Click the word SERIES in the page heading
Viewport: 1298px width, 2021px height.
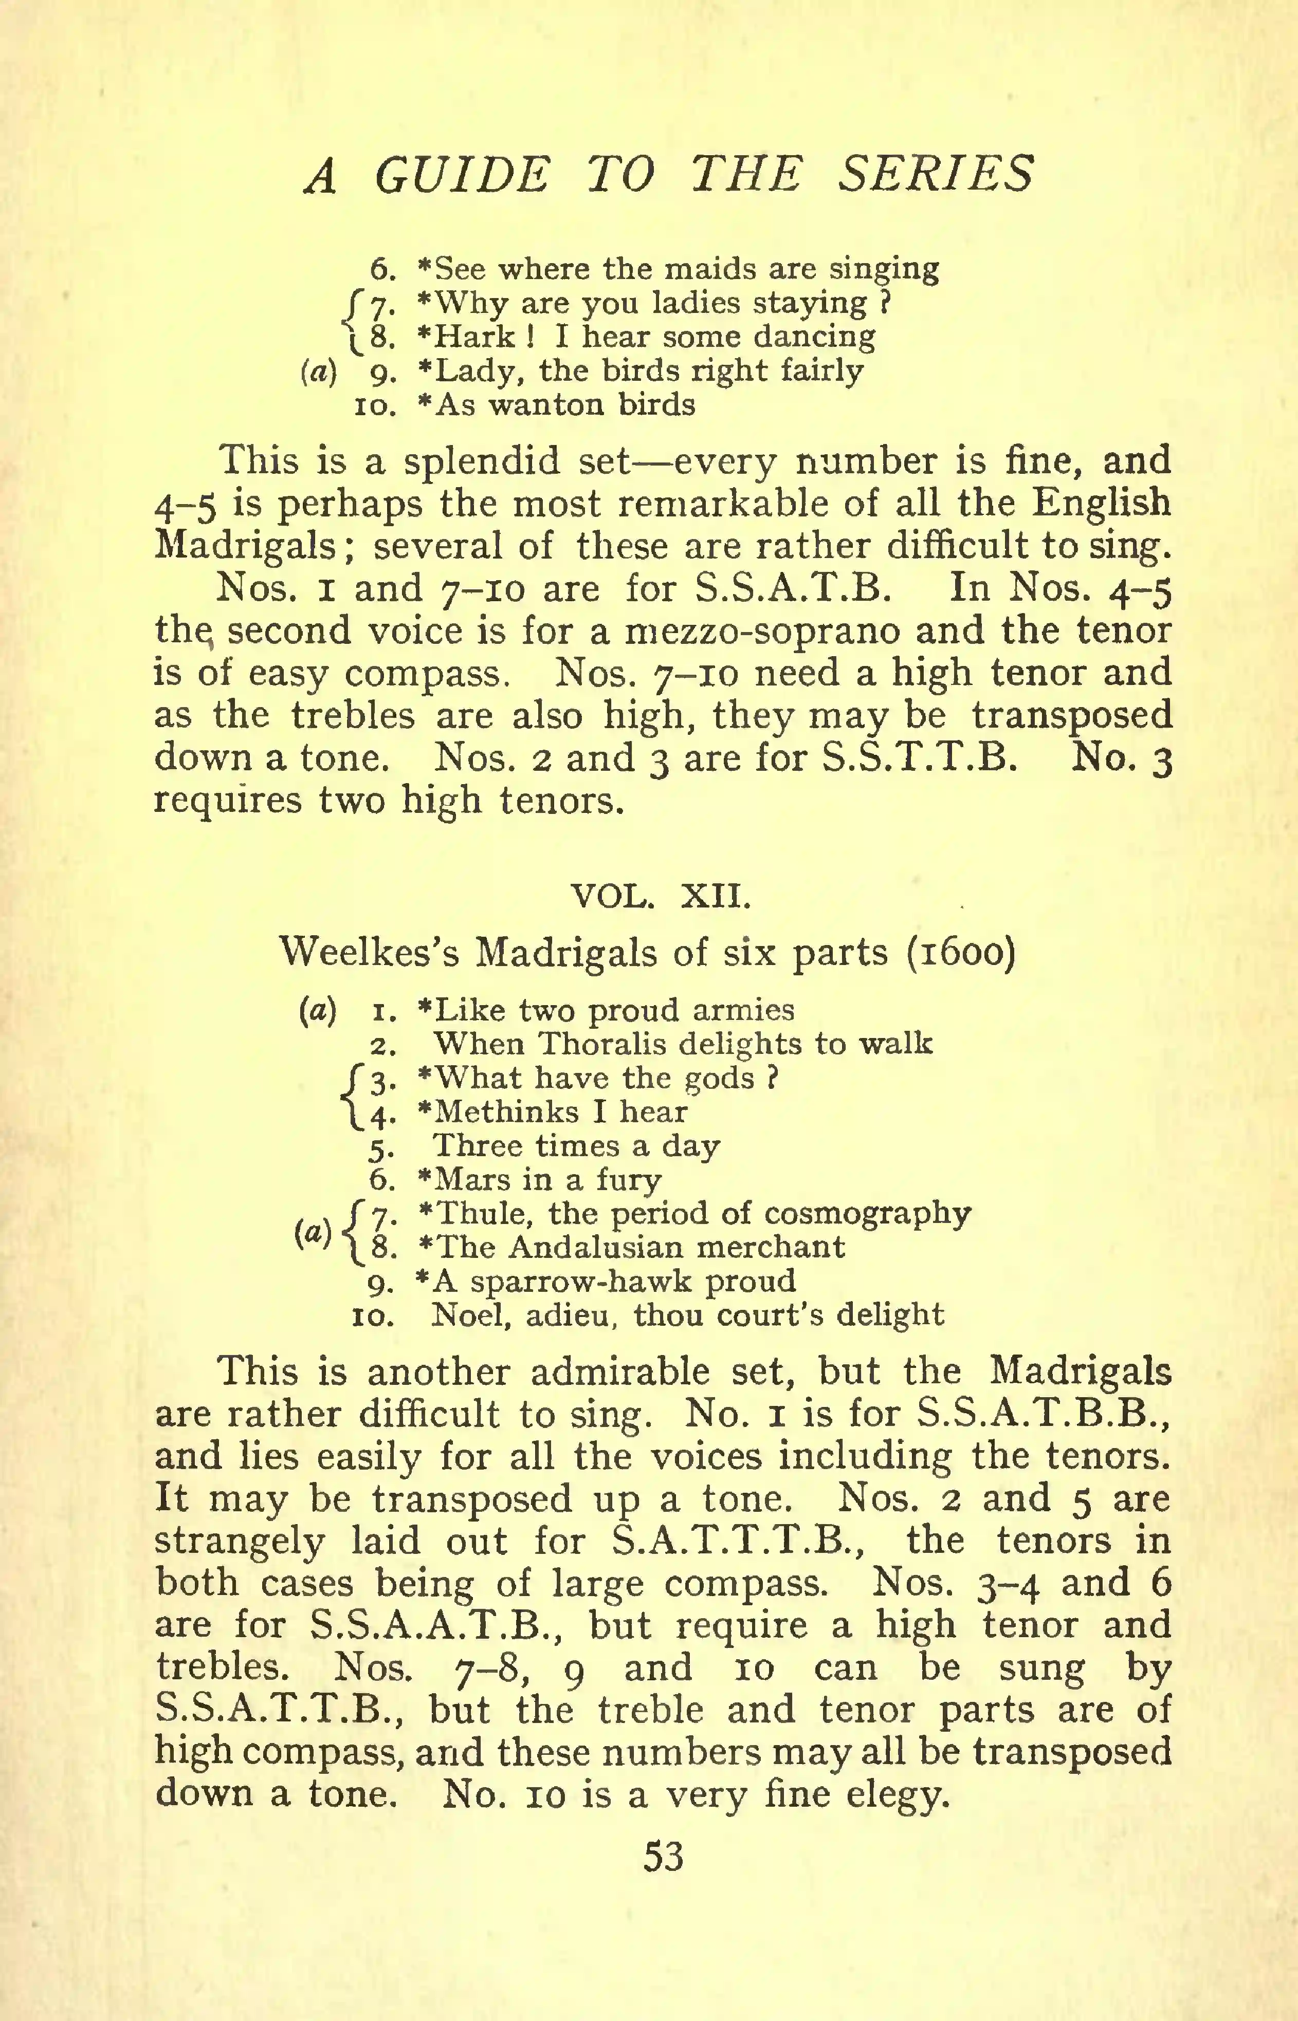click(x=936, y=175)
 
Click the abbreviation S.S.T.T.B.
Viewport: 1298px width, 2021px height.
click(x=918, y=758)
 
